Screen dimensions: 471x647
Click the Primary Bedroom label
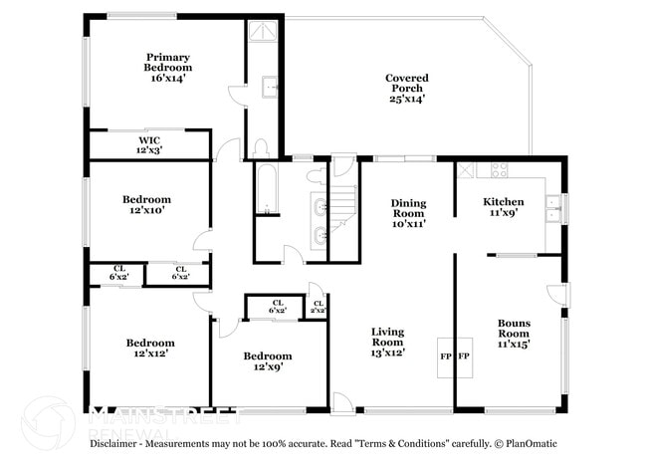168,67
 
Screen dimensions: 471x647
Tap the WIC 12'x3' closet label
149,145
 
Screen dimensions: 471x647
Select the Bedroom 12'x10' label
146,204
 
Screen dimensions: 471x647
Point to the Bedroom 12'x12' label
150,348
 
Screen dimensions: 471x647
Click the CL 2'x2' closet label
318,306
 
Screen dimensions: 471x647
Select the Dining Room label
408,213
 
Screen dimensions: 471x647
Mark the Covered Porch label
405,88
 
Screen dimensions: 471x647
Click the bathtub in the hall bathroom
268,189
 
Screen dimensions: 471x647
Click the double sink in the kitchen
552,208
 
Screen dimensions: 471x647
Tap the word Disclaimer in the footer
117,443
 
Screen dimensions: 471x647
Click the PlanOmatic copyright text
530,443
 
